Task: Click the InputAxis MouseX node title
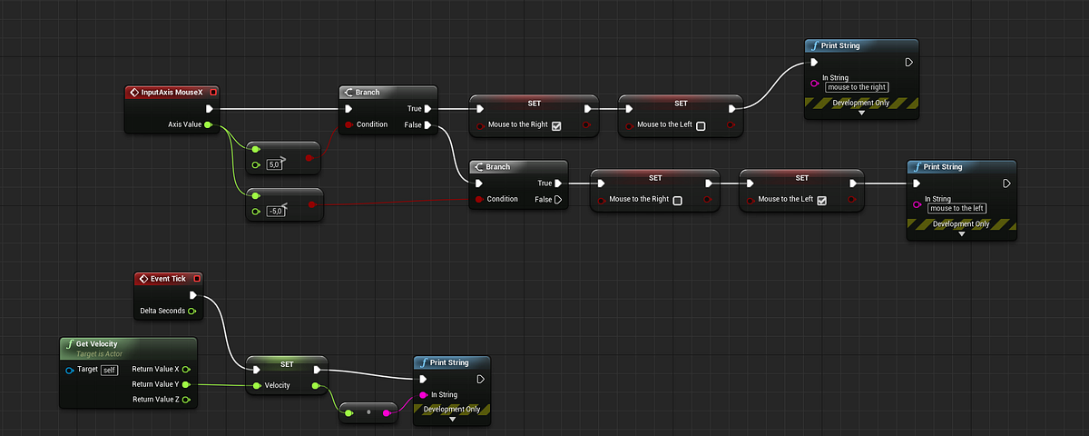click(172, 93)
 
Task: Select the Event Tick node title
click(168, 279)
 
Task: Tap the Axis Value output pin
click(208, 124)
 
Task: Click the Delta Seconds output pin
click(192, 311)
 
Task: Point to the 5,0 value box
click(274, 164)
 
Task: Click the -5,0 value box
click(276, 211)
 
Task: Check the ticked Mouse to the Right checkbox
click(556, 126)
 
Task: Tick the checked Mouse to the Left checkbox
click(821, 201)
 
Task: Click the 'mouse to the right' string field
click(857, 87)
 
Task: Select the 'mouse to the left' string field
click(957, 208)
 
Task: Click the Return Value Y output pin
click(186, 384)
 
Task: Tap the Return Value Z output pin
click(186, 400)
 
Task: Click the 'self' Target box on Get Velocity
click(109, 371)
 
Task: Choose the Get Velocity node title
click(96, 344)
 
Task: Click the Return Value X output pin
click(186, 370)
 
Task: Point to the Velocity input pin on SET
click(257, 385)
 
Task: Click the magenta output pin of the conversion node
click(387, 413)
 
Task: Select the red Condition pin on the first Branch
click(348, 125)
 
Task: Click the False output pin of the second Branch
click(558, 200)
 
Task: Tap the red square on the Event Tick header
click(197, 279)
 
